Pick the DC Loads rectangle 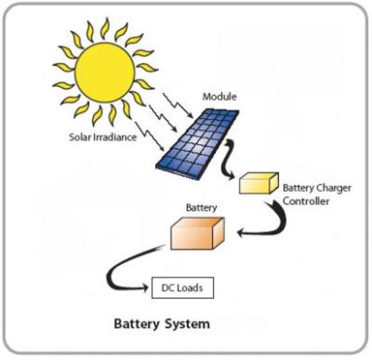[x=182, y=287]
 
